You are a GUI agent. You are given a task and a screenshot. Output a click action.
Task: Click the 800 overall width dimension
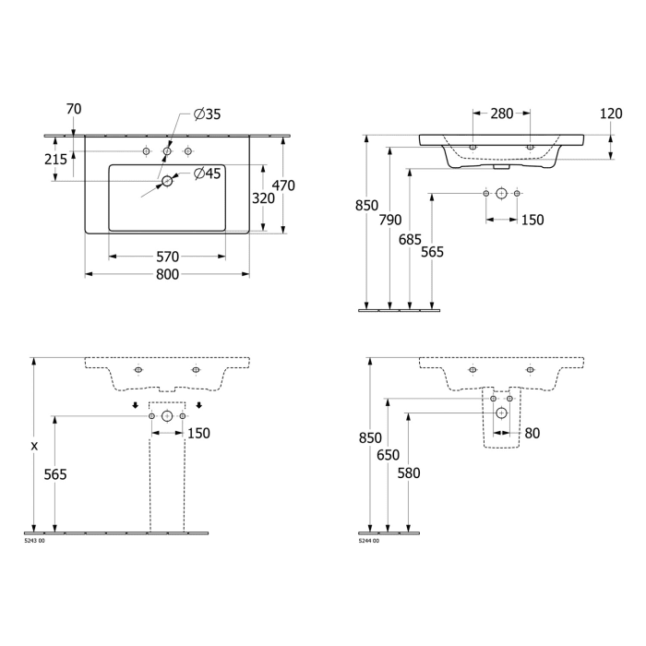click(x=167, y=275)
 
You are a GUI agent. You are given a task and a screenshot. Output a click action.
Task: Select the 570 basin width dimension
click(x=167, y=257)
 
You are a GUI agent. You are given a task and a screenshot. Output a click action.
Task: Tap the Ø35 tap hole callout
click(x=208, y=115)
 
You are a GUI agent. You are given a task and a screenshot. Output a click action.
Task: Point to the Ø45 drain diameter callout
click(x=208, y=173)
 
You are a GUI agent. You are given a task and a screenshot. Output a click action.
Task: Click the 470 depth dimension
click(x=284, y=185)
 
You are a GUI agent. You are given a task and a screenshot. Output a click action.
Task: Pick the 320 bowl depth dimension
click(x=263, y=198)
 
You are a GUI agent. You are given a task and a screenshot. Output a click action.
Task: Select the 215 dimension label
click(x=54, y=159)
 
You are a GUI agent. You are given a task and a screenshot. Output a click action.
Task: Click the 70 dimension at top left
click(x=74, y=110)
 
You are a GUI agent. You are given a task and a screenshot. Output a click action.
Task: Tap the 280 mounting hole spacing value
click(x=501, y=114)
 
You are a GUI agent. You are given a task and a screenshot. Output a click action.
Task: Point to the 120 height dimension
click(x=610, y=114)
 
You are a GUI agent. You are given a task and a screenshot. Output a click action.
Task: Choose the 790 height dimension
click(x=390, y=220)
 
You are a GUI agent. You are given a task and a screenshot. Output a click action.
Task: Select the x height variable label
click(x=34, y=446)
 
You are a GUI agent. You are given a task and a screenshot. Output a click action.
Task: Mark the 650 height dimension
click(x=389, y=455)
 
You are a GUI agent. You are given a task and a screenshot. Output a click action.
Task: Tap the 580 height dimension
click(x=409, y=473)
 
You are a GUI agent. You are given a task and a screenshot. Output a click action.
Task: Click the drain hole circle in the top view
click(x=167, y=182)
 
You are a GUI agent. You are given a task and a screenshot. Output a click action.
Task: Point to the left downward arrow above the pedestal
click(x=135, y=404)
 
